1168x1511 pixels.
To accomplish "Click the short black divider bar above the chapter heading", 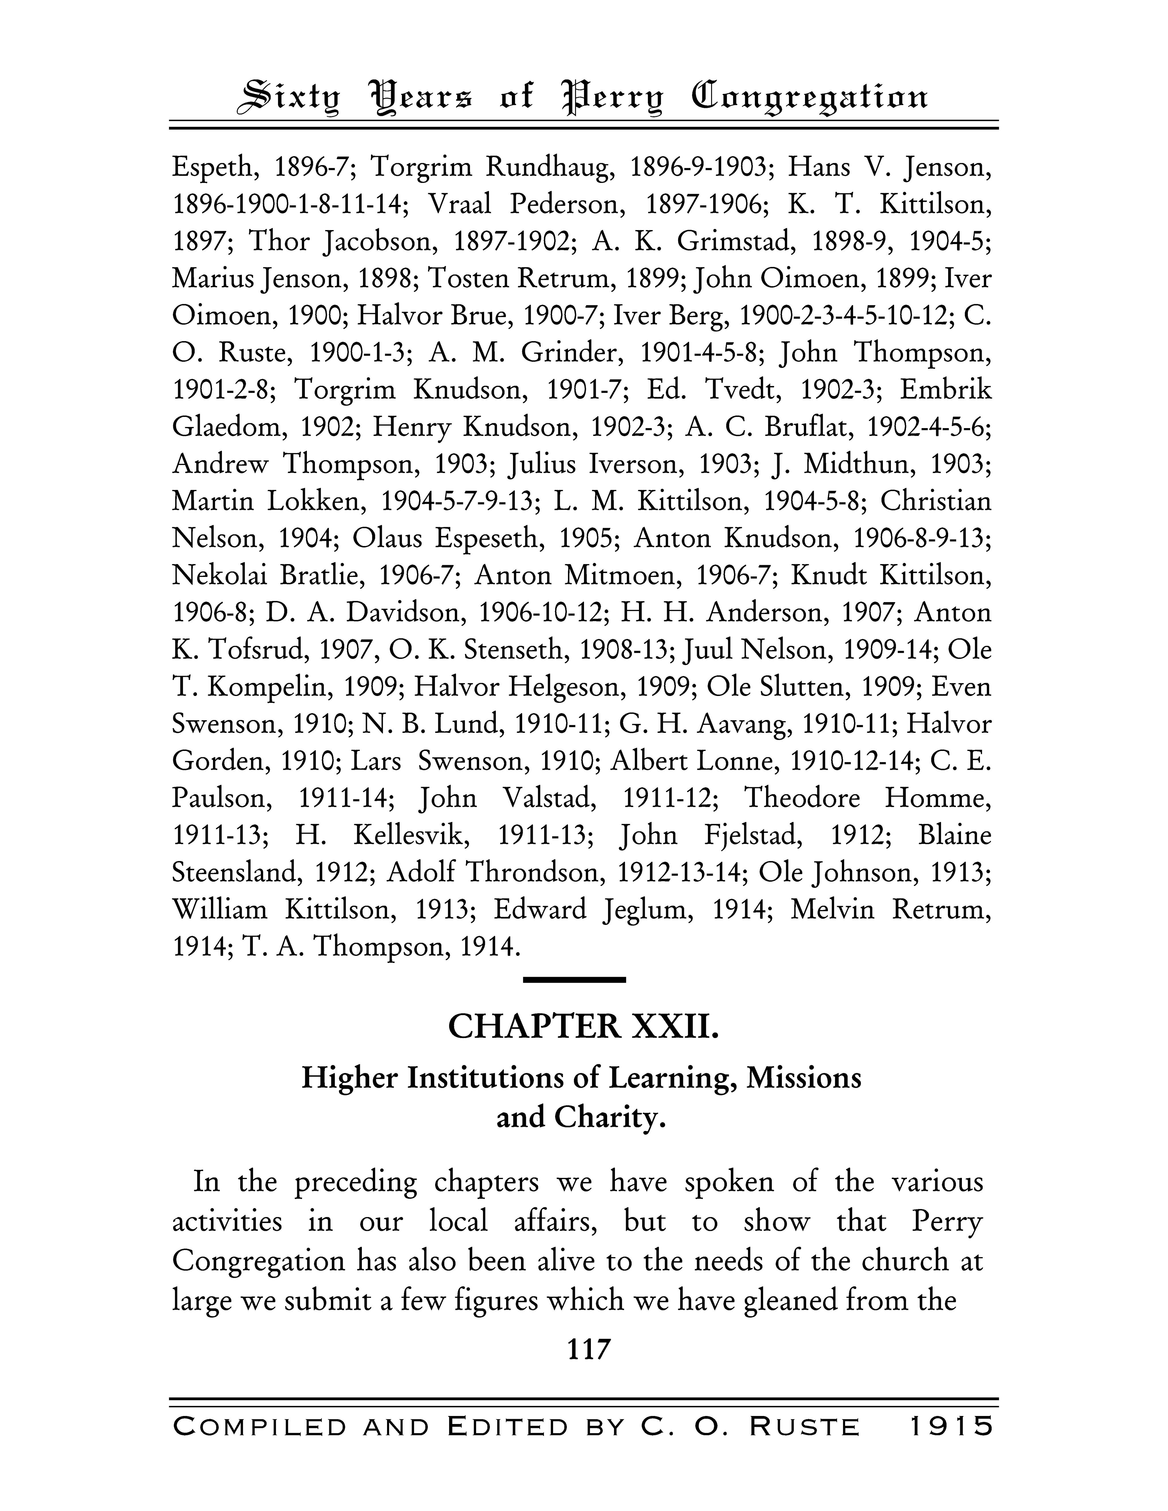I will tap(574, 980).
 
